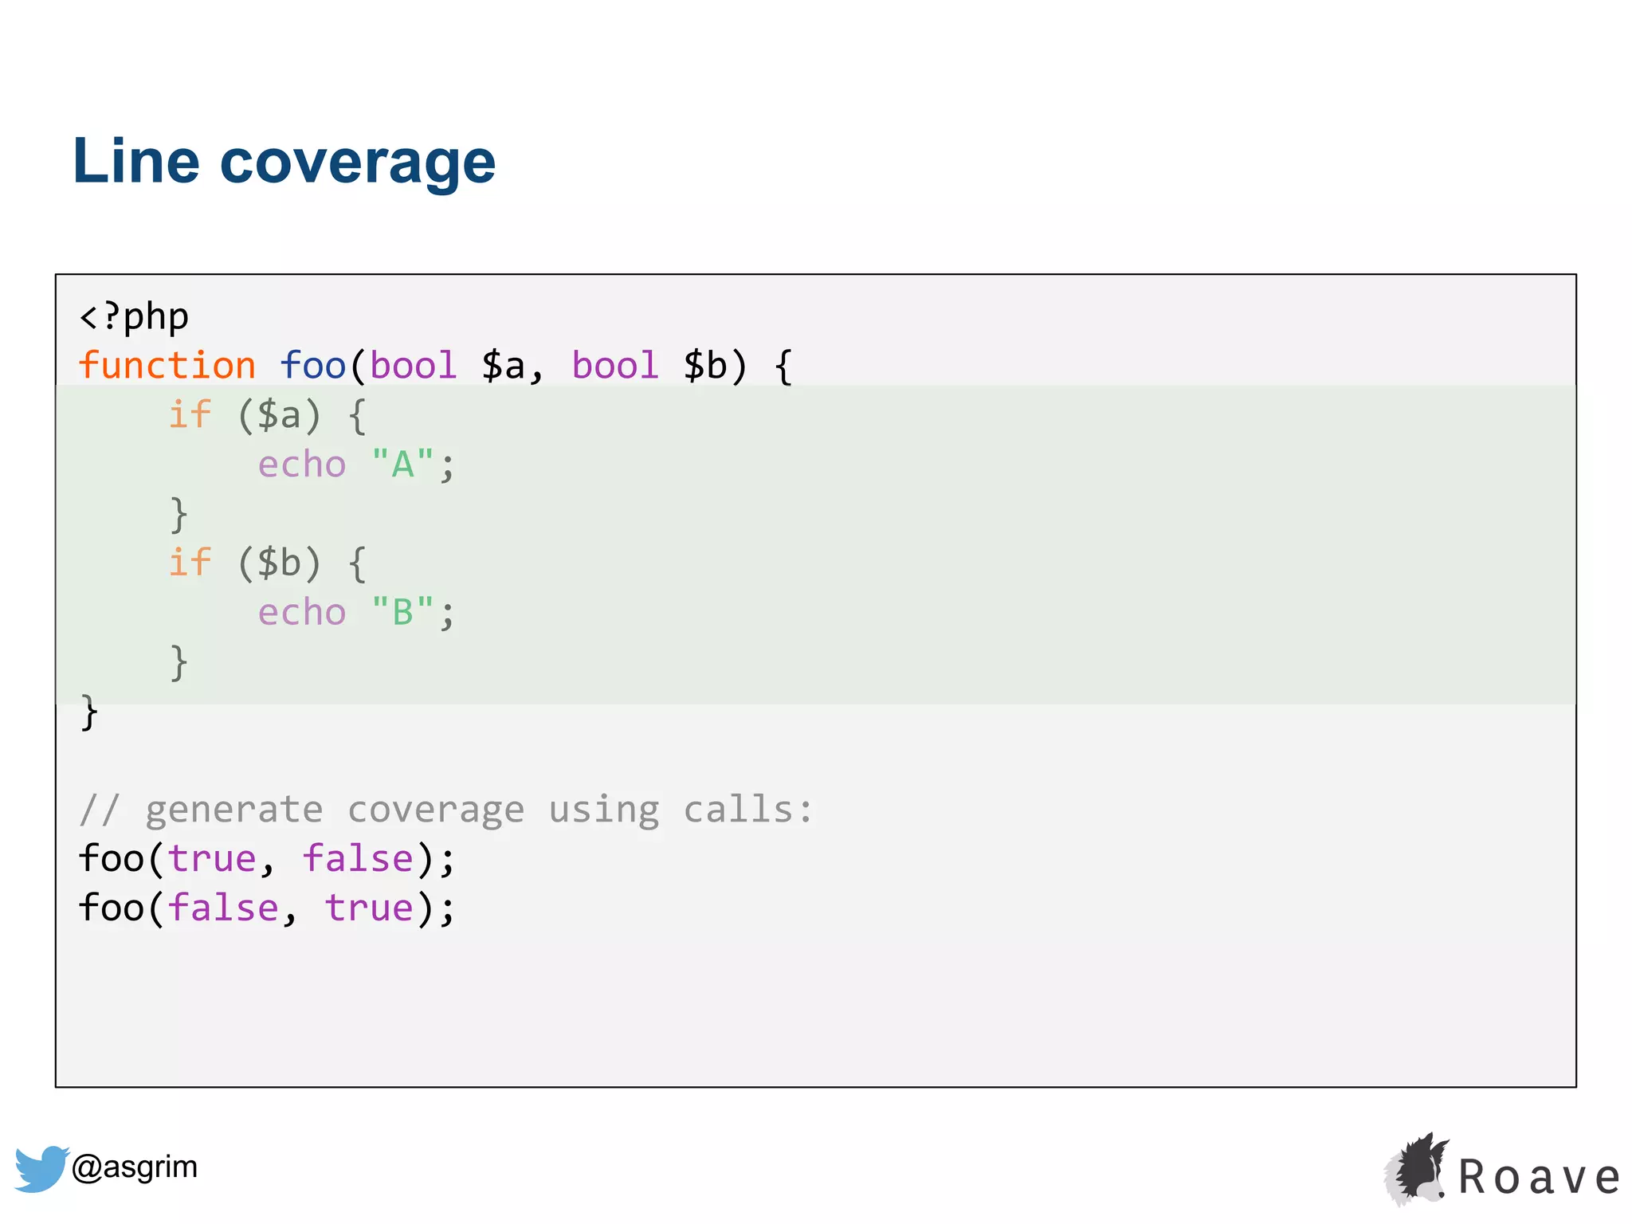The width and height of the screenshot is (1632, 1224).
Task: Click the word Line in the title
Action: pyautogui.click(x=135, y=161)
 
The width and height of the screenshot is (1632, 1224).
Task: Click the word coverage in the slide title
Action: pyautogui.click(x=357, y=163)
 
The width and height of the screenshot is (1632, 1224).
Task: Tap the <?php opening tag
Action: pyautogui.click(x=134, y=317)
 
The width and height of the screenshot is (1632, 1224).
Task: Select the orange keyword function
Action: pyautogui.click(x=167, y=366)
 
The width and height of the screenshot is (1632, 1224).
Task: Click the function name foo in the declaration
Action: pyautogui.click(x=312, y=366)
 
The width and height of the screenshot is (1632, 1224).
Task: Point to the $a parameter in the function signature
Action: pyautogui.click(x=504, y=366)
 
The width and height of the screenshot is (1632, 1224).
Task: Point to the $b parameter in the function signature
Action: pyautogui.click(x=706, y=366)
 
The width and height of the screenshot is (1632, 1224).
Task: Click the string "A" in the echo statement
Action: pyautogui.click(x=402, y=464)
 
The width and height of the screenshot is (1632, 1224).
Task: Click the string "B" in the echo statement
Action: pyautogui.click(x=402, y=612)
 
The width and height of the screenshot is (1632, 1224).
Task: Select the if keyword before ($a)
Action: pyautogui.click(x=190, y=414)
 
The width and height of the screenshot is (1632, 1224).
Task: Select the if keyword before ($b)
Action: pyautogui.click(x=190, y=563)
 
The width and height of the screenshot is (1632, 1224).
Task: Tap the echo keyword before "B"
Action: pyautogui.click(x=302, y=612)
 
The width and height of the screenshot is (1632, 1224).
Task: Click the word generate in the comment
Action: pyautogui.click(x=234, y=810)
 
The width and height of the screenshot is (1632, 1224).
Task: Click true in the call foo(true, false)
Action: pyautogui.click(x=212, y=859)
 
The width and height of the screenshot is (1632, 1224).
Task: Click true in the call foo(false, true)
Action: pyautogui.click(x=369, y=908)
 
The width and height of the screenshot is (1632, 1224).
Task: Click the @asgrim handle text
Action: pyautogui.click(x=135, y=1167)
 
